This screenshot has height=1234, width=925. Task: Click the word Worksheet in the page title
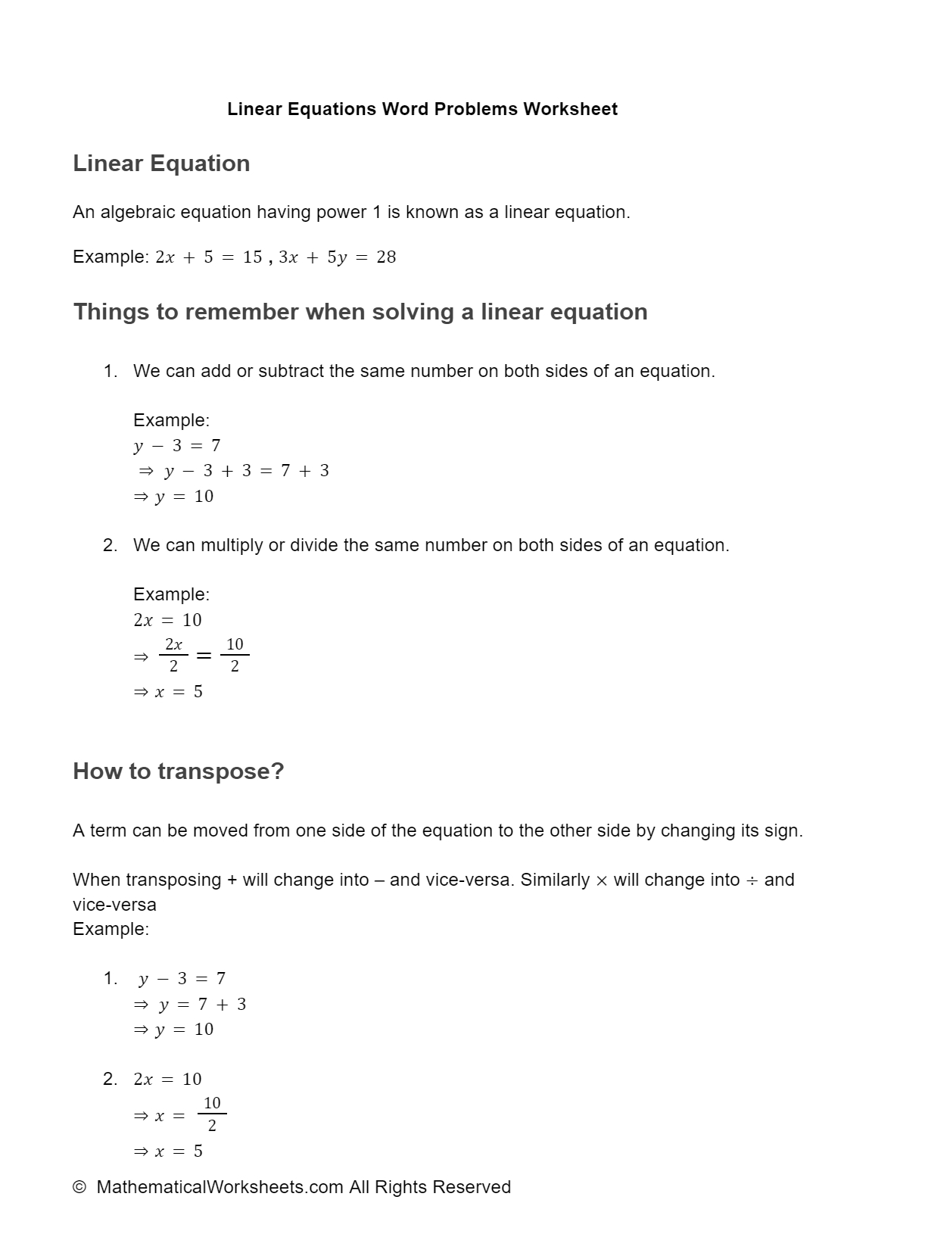[570, 109]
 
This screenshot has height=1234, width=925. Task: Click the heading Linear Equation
[161, 164]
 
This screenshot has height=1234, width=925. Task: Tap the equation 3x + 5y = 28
[338, 257]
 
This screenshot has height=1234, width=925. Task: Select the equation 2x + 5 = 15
[209, 257]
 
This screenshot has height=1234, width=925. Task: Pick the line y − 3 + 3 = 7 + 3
[246, 471]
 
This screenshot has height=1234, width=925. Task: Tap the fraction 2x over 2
[173, 656]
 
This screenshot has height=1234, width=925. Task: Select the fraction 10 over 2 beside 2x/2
[235, 656]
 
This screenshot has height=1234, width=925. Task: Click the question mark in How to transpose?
[277, 771]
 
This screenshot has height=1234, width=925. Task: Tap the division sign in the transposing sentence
[752, 880]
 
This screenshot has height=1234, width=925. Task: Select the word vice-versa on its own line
[114, 905]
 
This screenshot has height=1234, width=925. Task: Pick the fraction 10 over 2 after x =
[212, 1114]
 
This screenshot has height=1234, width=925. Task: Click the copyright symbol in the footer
[79, 1187]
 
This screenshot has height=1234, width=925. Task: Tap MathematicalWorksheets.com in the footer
[220, 1187]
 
